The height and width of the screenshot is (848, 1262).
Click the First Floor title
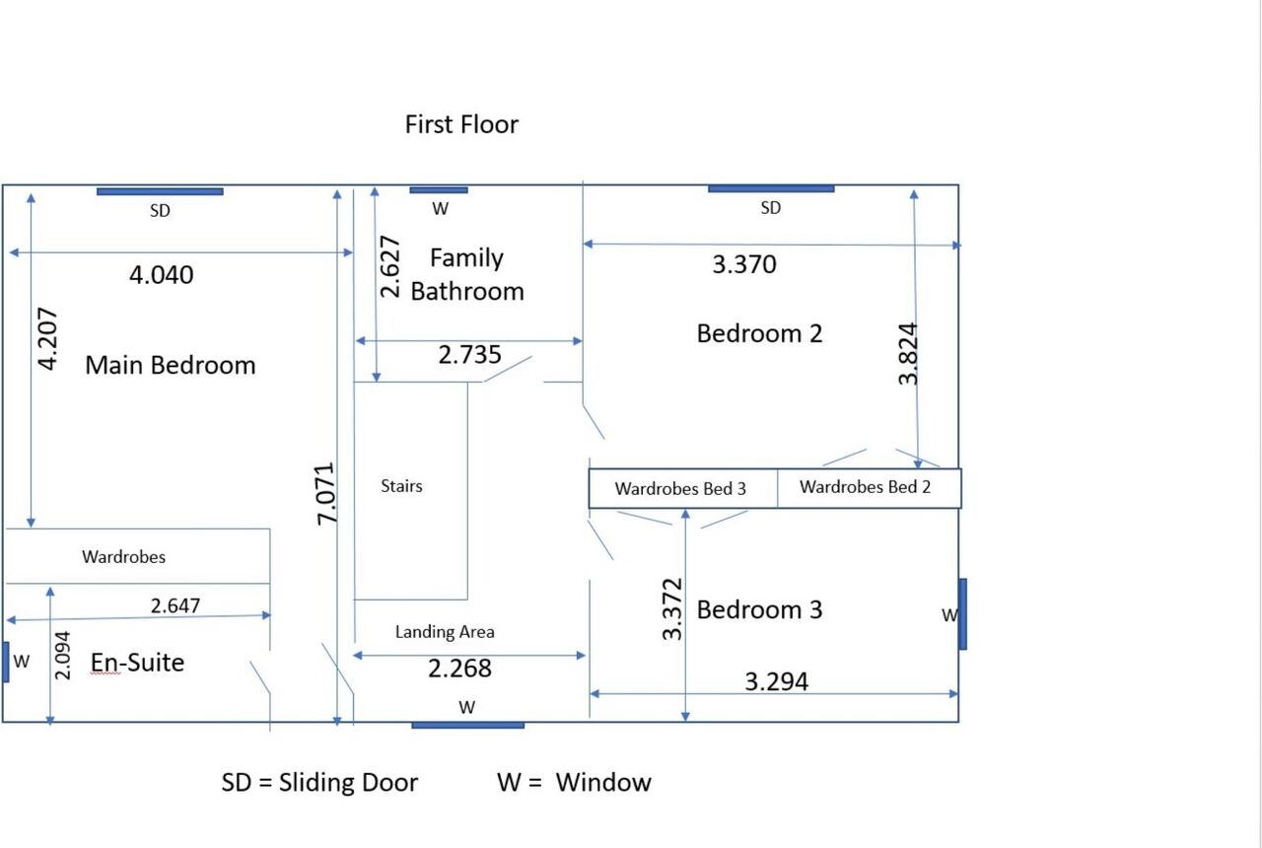461,124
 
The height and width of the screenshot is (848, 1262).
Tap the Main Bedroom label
171,365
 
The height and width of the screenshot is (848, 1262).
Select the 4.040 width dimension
161,275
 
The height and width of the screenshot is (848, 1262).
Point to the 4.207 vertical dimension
47,338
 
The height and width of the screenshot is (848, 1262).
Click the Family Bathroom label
467,274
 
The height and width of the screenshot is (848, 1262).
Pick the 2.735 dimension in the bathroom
470,354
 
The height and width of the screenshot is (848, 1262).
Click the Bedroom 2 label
759,333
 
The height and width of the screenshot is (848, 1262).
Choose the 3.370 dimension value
744,264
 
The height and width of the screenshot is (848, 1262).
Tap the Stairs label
401,486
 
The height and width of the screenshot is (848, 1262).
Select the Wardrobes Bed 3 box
683,488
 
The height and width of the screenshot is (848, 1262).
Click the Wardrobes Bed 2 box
870,488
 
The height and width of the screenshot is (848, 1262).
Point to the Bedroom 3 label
759,609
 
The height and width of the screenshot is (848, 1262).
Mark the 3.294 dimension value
776,681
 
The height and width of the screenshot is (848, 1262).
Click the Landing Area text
445,632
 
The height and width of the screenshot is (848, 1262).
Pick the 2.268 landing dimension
459,669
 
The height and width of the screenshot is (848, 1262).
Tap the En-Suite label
137,663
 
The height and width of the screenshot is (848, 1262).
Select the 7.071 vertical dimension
325,494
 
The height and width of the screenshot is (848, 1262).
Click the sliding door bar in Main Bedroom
160,191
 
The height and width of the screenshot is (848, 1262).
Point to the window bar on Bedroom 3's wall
963,614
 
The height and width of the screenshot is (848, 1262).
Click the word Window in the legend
603,782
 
